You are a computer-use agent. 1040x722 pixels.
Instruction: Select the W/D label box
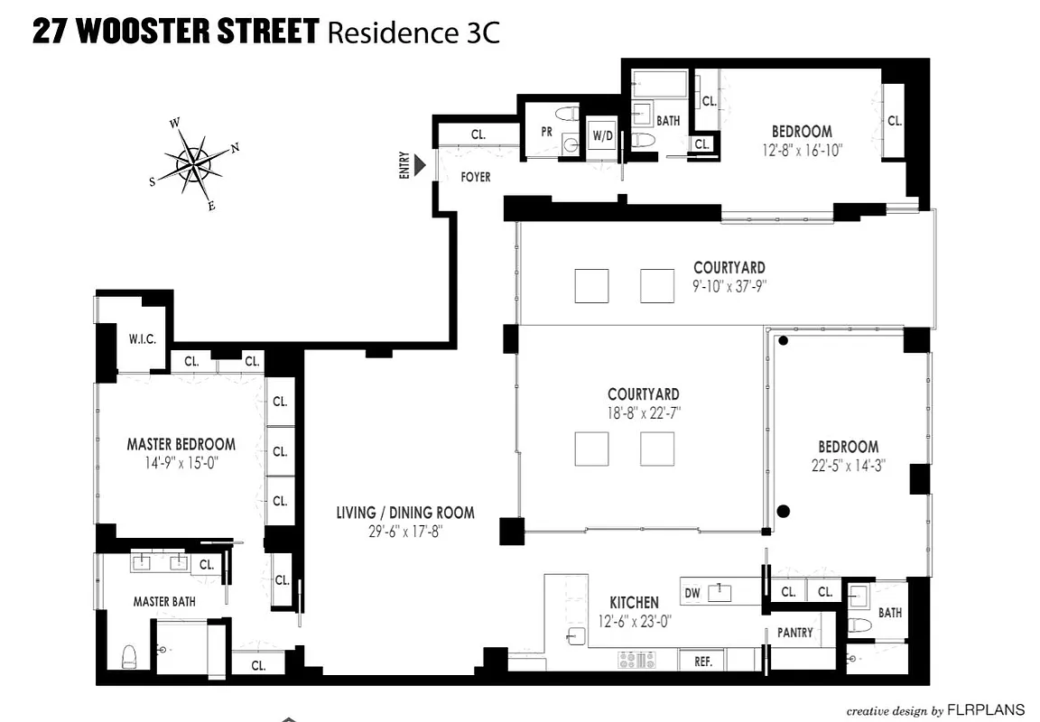pyautogui.click(x=602, y=136)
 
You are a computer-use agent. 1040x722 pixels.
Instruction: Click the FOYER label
pyautogui.click(x=476, y=177)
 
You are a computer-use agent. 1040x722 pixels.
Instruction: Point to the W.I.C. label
pyautogui.click(x=142, y=340)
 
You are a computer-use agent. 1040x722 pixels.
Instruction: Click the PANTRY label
pyautogui.click(x=794, y=633)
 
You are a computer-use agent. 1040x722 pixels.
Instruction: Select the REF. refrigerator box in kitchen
pyautogui.click(x=703, y=662)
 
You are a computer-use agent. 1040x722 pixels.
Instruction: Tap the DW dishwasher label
pyautogui.click(x=692, y=593)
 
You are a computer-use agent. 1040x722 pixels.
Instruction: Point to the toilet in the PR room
pyautogui.click(x=569, y=115)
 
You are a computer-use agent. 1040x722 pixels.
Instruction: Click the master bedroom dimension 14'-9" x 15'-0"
pyautogui.click(x=181, y=462)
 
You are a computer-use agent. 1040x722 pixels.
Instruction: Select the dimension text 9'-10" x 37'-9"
pyautogui.click(x=729, y=285)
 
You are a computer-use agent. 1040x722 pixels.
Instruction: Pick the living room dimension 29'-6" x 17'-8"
pyautogui.click(x=405, y=531)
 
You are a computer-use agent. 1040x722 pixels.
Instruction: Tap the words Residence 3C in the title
pyautogui.click(x=413, y=32)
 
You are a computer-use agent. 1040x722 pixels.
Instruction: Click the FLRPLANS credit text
pyautogui.click(x=986, y=709)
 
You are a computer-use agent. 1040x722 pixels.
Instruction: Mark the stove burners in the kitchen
pyautogui.click(x=632, y=661)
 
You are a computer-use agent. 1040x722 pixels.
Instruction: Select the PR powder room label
pyautogui.click(x=546, y=131)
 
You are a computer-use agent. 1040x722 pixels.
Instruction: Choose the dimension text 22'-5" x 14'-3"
pyautogui.click(x=848, y=466)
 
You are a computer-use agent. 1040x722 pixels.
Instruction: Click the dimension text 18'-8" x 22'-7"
pyautogui.click(x=643, y=412)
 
